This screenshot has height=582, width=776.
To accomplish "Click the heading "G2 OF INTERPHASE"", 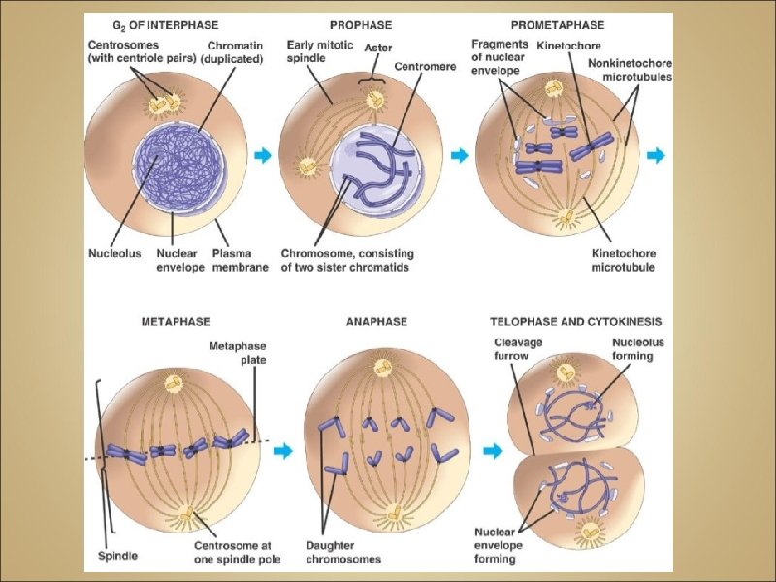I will point(168,24).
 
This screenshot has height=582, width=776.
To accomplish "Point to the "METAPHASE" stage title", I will point(176,320).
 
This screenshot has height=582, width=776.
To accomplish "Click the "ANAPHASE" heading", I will point(376,320).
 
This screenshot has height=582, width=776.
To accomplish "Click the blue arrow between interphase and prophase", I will point(264,155).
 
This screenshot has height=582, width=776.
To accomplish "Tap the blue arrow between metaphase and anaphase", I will point(282,450).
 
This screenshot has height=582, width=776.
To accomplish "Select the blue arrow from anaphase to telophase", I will point(494,450).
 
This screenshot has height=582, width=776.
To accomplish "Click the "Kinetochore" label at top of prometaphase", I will point(573,45).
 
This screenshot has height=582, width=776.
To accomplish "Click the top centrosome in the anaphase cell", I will point(384,368).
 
